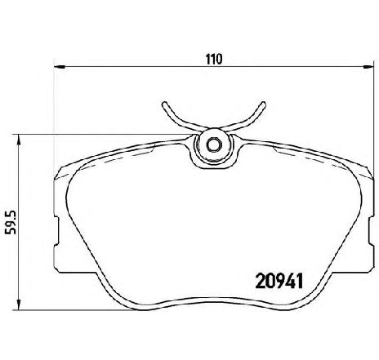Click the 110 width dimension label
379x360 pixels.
pyautogui.click(x=214, y=60)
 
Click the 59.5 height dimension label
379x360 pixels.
pyautogui.click(x=11, y=222)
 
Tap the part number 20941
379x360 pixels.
pyautogui.click(x=279, y=282)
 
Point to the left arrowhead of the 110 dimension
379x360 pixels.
pyautogui.click(x=60, y=67)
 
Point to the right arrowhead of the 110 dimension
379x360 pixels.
pyautogui.click(x=368, y=66)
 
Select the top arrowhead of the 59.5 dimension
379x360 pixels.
pyautogui.click(x=19, y=140)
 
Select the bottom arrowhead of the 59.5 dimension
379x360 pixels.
pyautogui.click(x=19, y=304)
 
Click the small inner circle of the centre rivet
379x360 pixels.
pyautogui.click(x=213, y=144)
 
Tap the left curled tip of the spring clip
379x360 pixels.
pyautogui.click(x=164, y=104)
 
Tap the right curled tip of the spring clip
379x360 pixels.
pyautogui.click(x=263, y=104)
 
